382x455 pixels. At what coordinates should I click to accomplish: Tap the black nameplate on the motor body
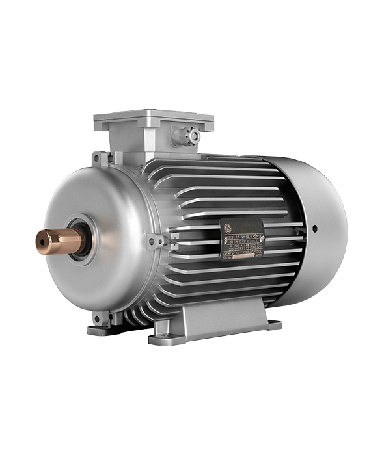(243, 239)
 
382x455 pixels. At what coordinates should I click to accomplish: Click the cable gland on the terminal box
(193, 135)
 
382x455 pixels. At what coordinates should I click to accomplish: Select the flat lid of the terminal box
(154, 120)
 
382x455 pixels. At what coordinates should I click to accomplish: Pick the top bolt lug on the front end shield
(100, 159)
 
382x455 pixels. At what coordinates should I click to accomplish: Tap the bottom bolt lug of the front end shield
(100, 318)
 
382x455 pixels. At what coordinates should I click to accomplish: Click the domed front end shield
(98, 214)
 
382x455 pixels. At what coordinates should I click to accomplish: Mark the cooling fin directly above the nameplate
(241, 209)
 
